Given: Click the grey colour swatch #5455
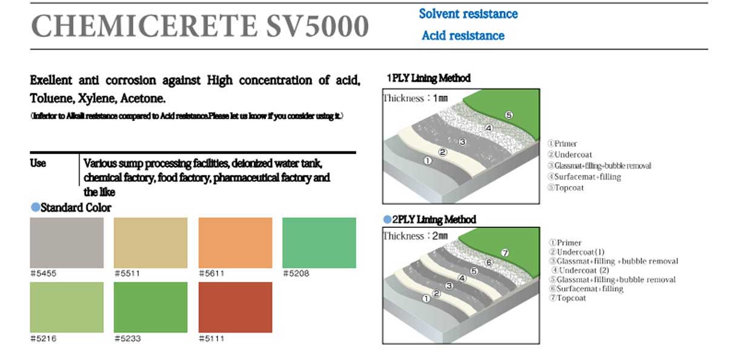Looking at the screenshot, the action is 67,243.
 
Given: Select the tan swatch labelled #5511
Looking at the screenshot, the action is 150,243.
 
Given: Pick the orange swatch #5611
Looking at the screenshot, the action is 235,243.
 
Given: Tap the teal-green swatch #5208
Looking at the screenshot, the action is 319,243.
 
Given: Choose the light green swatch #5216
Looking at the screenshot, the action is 67,307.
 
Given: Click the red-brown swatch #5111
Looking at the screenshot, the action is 235,307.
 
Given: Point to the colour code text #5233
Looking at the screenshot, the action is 128,338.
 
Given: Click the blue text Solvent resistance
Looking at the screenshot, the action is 468,14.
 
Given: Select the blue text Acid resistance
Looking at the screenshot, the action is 463,36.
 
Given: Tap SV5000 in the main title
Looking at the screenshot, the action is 317,26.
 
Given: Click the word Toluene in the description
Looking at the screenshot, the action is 52,98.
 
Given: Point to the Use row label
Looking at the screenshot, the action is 38,164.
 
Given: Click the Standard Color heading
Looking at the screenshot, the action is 76,207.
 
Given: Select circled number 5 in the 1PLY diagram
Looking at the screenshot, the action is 509,115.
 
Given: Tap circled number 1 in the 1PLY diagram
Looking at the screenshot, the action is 428,161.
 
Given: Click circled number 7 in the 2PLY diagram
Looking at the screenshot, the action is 505,253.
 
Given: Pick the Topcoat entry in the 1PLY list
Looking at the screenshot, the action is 569,188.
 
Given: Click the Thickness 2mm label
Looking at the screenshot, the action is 416,236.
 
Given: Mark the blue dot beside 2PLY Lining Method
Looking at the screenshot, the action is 387,219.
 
